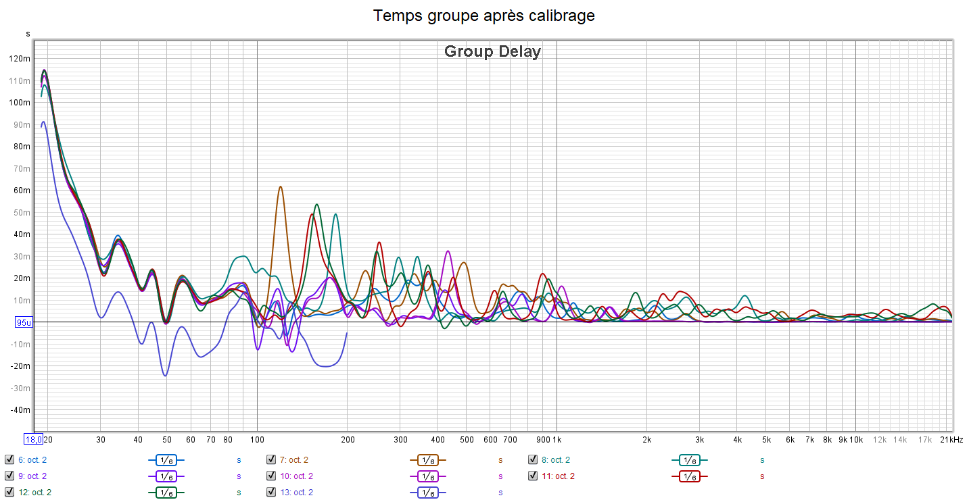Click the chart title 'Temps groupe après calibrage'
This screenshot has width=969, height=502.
tap(484, 16)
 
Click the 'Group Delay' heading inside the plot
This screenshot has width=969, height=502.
tap(492, 51)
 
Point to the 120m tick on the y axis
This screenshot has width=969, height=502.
tap(20, 59)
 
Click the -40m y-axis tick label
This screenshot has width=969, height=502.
tap(20, 410)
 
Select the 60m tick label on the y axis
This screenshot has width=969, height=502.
tap(20, 191)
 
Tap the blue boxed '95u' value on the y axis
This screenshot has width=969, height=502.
tap(24, 323)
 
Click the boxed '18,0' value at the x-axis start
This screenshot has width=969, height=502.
tap(34, 439)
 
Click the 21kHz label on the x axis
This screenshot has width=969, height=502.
tap(951, 439)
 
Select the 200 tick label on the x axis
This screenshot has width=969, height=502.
tap(347, 439)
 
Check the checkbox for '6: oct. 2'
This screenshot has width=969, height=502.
tap(9, 460)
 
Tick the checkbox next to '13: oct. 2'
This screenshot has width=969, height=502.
tap(271, 493)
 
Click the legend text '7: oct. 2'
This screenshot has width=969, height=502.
tap(293, 460)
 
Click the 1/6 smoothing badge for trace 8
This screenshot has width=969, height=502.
tap(689, 460)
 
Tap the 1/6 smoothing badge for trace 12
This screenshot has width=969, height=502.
tap(166, 493)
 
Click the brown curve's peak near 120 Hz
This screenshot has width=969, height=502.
tap(280, 187)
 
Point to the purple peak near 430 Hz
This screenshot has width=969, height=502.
tap(448, 251)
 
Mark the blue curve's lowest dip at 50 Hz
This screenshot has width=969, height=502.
tap(166, 375)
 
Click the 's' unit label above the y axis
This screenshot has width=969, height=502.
tap(28, 33)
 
